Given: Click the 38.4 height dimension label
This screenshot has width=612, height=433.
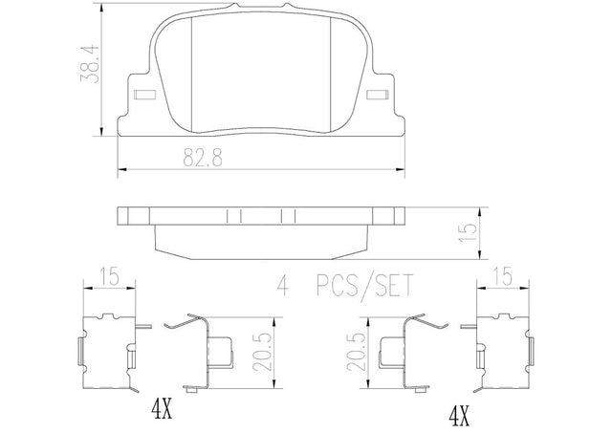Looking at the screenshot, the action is [x=89, y=64].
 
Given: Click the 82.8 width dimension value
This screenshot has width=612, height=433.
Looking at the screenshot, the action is [x=203, y=158].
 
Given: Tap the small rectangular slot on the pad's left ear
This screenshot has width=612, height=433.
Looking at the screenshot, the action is [x=144, y=95].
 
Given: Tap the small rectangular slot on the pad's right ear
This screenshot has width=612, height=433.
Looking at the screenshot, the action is [x=378, y=95].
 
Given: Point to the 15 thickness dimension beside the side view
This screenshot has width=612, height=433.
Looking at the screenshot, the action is [x=468, y=233].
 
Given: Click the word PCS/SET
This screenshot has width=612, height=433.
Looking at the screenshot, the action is [x=364, y=287].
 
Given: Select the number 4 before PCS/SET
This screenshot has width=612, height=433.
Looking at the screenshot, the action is [x=283, y=286].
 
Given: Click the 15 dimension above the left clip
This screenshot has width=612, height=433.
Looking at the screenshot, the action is [x=109, y=277].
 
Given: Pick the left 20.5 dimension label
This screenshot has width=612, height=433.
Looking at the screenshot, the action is [x=261, y=352].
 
